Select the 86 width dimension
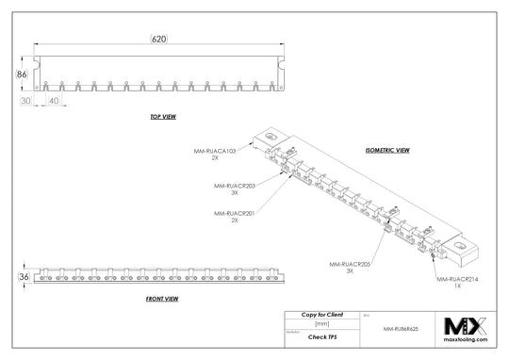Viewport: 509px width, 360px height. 21,72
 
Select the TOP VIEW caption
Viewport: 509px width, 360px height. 163,117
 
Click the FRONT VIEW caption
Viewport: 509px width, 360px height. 163,298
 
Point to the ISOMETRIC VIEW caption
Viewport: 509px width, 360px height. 386,150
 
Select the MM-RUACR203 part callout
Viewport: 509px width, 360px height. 235,188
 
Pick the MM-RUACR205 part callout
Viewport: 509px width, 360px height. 350,267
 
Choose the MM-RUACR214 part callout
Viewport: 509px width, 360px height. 457,282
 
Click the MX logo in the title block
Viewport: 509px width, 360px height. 467,327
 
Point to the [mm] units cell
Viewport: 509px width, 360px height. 321,322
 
